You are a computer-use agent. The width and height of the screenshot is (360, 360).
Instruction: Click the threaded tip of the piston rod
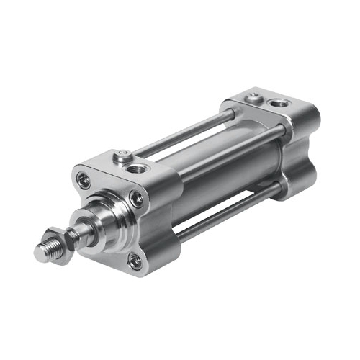[45, 251]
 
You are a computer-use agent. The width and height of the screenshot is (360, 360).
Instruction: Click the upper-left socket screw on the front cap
[85, 181]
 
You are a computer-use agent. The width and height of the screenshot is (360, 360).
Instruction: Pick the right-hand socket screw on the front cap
[136, 199]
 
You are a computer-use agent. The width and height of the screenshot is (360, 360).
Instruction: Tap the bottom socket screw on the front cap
[135, 261]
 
